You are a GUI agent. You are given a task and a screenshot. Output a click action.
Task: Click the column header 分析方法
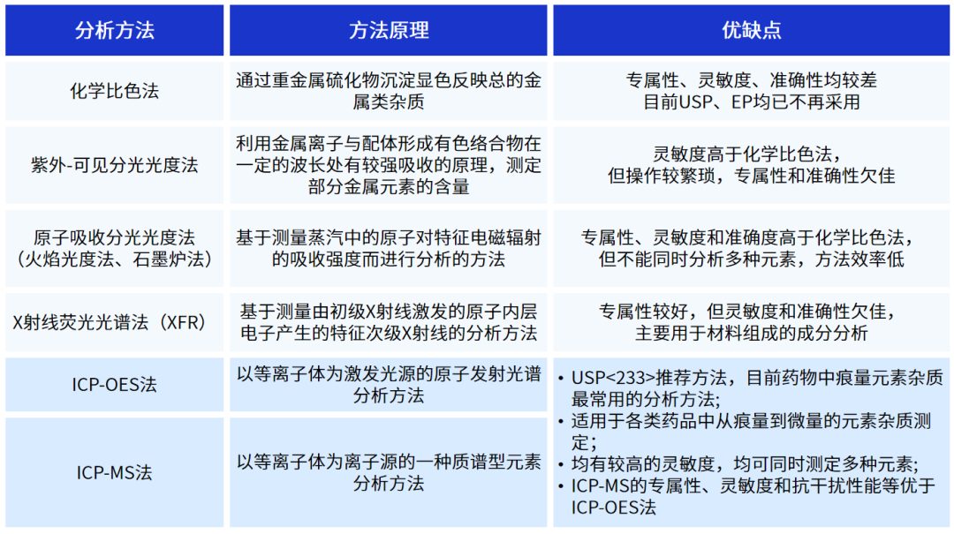[x=114, y=30]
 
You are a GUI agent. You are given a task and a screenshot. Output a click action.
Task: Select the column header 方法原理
[x=389, y=30]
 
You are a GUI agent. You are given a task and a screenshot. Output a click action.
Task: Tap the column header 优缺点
[x=752, y=30]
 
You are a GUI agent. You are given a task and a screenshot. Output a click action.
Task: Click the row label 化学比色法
[x=114, y=91]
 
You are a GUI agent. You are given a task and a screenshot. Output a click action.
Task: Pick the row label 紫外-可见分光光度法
[x=114, y=165]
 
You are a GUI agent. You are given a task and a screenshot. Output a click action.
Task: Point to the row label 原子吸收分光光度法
[x=114, y=237]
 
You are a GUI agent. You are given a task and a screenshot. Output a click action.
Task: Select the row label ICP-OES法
[x=114, y=384]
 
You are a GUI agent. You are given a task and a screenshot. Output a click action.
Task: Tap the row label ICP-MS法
[x=114, y=472]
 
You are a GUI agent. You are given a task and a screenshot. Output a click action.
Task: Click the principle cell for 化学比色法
[x=389, y=91]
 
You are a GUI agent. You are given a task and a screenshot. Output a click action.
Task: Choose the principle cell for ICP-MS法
[x=389, y=472]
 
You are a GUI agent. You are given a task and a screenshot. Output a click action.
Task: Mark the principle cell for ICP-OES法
[x=389, y=384]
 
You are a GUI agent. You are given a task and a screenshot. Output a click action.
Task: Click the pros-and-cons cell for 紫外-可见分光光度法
[x=752, y=165]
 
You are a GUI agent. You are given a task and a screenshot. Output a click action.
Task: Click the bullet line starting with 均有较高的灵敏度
[x=745, y=464]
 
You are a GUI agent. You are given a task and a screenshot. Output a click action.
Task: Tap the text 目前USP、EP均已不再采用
[x=752, y=102]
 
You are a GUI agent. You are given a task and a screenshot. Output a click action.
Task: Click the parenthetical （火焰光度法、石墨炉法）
[x=114, y=259]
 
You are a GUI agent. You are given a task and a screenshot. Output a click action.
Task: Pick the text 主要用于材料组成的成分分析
[x=752, y=334]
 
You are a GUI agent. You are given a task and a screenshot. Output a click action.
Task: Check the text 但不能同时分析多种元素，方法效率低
[x=752, y=259]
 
